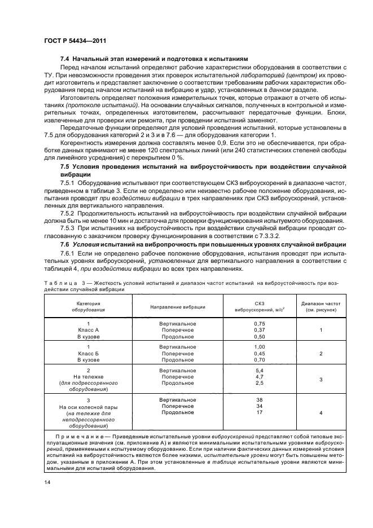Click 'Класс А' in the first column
[x=88, y=330]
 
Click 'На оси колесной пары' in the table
[x=88, y=407]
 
